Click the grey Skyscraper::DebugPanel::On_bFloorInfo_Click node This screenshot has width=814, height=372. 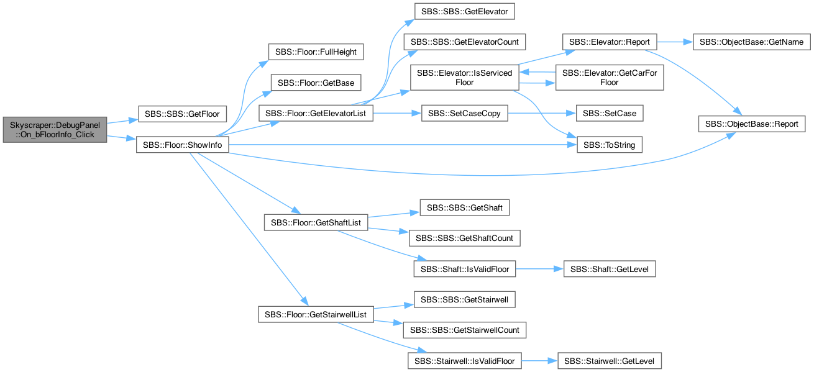tap(55, 130)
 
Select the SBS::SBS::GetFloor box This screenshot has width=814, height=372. tap(182, 114)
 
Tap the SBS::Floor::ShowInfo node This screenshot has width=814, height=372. tap(183, 145)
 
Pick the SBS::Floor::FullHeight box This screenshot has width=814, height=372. tap(316, 52)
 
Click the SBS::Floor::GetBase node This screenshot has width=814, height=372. tap(316, 83)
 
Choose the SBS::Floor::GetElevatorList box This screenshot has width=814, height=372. tap(316, 114)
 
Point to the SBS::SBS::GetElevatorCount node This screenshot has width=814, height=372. tap(464, 42)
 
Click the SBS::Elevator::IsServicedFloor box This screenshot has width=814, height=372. tap(464, 78)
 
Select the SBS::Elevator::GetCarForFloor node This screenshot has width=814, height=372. tap(610, 78)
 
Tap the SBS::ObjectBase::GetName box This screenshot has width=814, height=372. tap(751, 42)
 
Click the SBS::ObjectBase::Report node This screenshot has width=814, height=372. tap(751, 124)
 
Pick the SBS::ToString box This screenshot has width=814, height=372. tap(610, 145)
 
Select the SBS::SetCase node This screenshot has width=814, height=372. tap(610, 114)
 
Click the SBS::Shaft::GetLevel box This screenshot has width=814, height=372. tap(610, 269)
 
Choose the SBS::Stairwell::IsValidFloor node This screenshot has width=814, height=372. tap(464, 361)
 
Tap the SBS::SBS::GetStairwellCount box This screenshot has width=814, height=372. tap(464, 330)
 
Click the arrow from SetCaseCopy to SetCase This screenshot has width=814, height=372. tap(542, 114)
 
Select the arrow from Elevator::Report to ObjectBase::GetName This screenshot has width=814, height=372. tap(675, 42)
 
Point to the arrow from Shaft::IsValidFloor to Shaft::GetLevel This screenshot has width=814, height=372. tap(539, 269)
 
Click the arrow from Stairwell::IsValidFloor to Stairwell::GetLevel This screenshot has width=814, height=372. tap(539, 361)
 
